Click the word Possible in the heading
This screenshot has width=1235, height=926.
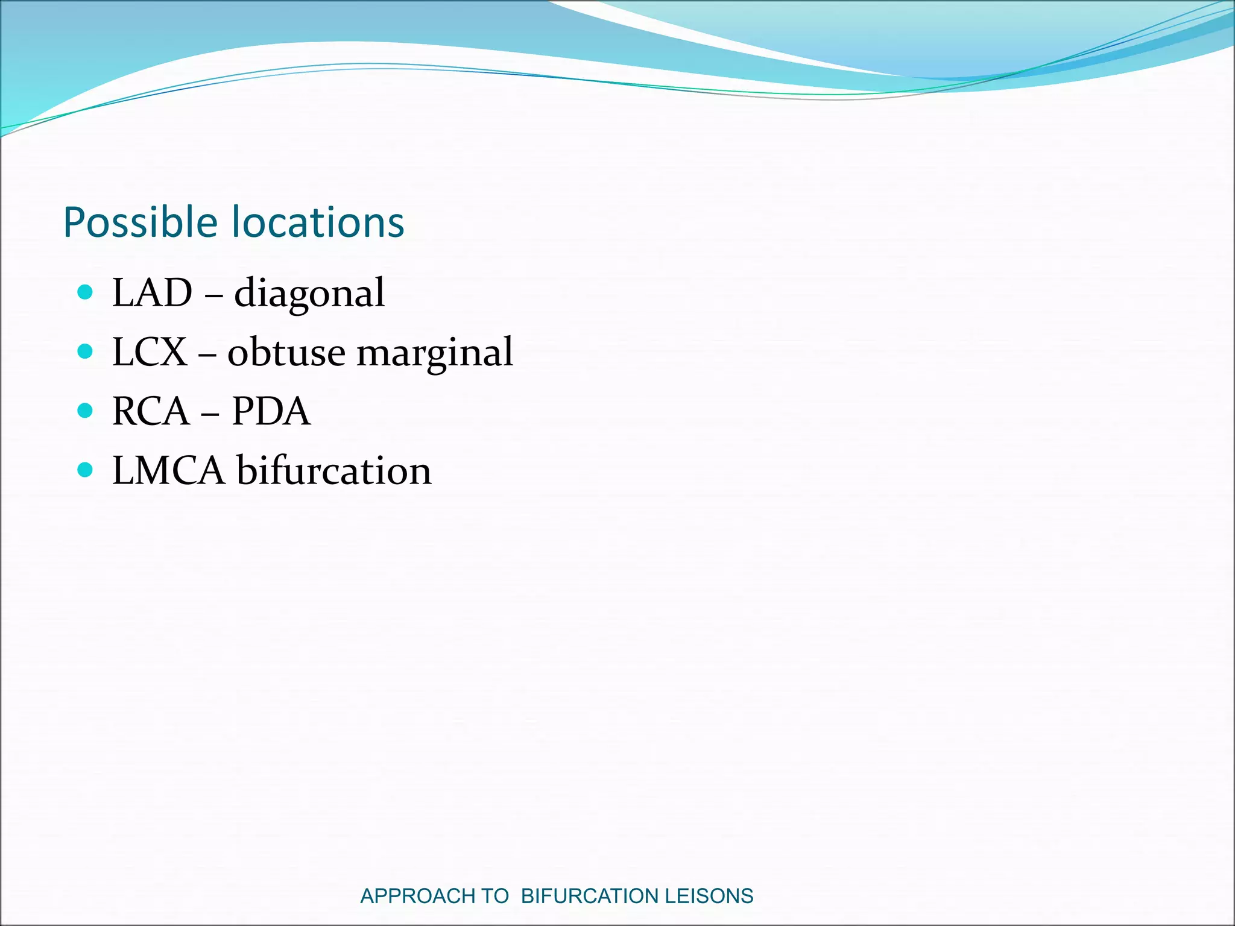(x=140, y=223)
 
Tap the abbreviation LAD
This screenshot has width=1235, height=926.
(x=152, y=293)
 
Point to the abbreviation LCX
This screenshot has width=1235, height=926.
(x=150, y=352)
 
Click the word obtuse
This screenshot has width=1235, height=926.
(x=286, y=352)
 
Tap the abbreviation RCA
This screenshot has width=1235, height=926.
(x=151, y=411)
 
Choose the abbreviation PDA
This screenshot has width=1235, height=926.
(x=271, y=411)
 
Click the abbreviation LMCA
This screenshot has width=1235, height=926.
(x=168, y=470)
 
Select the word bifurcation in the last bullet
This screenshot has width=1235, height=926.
(x=333, y=470)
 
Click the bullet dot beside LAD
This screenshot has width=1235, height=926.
(x=86, y=293)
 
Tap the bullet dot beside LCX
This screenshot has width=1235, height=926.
(x=86, y=351)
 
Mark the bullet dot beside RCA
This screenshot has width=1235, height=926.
(x=86, y=411)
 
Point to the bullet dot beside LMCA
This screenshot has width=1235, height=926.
(x=86, y=470)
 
